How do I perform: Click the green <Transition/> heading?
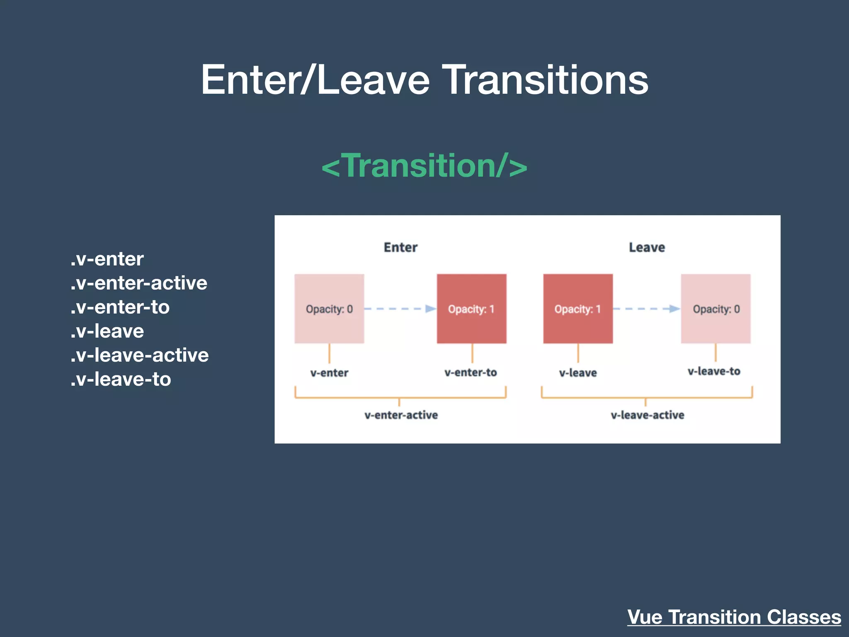point(424,166)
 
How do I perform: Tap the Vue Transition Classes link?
point(734,617)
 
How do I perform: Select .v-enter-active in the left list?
point(139,283)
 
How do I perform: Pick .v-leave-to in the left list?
point(121,379)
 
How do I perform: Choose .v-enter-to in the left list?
point(120,307)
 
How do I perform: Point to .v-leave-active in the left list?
point(140,355)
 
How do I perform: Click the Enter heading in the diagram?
point(400,247)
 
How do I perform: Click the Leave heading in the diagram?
point(647,247)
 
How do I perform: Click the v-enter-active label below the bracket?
point(401,415)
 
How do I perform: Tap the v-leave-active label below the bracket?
point(647,415)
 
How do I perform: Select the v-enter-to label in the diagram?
point(471,372)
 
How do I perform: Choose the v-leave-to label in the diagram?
point(714,371)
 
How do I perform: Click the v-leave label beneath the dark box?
point(578,373)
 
